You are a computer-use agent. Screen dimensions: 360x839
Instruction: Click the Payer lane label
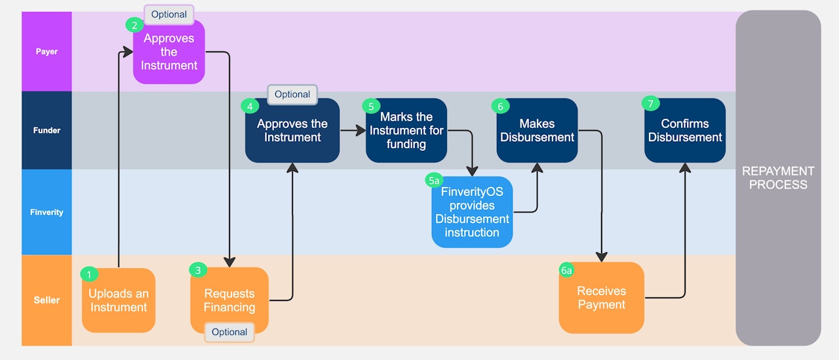tap(47, 51)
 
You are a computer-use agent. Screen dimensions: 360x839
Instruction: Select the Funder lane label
tap(47, 130)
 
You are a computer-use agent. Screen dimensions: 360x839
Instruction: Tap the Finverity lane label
tap(47, 212)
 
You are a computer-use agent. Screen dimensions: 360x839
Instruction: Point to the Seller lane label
tap(47, 300)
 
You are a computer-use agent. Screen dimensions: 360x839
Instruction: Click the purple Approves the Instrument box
tap(169, 52)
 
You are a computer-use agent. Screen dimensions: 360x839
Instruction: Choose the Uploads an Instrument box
tap(119, 301)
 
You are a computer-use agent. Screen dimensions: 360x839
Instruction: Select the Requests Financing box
tap(229, 300)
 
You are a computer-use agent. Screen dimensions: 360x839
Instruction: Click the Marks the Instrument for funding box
tap(406, 130)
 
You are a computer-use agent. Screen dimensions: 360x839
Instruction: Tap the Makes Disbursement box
tap(537, 130)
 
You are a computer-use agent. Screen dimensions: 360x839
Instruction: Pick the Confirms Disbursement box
tap(684, 130)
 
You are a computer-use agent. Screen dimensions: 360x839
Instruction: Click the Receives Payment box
tap(601, 298)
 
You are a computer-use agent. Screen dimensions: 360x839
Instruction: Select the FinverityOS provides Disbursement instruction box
tap(471, 212)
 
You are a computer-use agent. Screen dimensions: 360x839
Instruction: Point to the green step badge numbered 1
tap(89, 275)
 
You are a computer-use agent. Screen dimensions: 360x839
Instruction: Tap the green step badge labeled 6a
tap(566, 270)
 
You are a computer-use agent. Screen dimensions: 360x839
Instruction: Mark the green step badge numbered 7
tap(650, 104)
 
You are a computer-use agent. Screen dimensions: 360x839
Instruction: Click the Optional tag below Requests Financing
tap(229, 332)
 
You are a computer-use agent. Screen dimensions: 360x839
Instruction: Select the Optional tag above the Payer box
tap(169, 14)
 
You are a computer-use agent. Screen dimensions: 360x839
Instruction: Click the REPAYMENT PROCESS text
tap(778, 178)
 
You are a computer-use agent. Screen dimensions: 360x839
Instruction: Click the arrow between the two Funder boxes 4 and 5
tap(353, 130)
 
